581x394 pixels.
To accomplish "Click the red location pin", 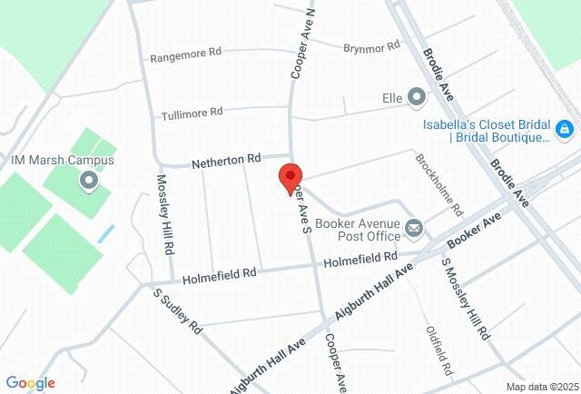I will (290, 176).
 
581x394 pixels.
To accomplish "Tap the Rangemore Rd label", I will (185, 54).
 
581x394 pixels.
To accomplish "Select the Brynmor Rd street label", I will (371, 46).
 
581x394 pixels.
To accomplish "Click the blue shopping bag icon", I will (564, 130).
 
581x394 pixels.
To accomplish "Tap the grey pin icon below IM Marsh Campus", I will (89, 182).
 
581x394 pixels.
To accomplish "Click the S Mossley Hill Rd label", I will (464, 299).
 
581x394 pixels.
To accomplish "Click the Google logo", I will (30, 383).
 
